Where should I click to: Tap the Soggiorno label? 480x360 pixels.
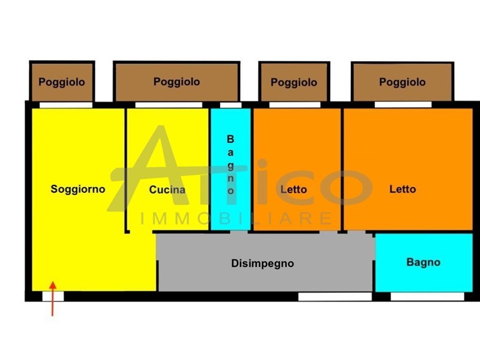(x=78, y=189)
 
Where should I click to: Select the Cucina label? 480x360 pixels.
(x=167, y=189)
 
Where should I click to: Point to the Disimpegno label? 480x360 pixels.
(x=262, y=263)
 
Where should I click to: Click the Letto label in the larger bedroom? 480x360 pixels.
(x=403, y=189)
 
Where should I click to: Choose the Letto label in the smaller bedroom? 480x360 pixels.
(x=293, y=189)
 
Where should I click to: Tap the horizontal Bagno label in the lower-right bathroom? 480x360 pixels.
(x=423, y=262)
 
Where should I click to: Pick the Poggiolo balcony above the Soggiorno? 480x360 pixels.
(x=62, y=82)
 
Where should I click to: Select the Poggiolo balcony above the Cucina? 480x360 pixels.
(x=176, y=82)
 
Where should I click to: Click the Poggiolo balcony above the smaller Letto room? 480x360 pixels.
(x=294, y=82)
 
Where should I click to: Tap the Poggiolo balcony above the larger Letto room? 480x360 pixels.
(x=403, y=82)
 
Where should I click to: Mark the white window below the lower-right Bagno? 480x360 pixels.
(x=427, y=296)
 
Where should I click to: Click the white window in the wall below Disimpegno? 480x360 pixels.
(x=335, y=296)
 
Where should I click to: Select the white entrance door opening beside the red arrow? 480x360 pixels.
(x=53, y=296)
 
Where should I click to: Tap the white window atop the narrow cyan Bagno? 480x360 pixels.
(x=230, y=105)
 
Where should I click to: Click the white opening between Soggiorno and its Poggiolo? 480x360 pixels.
(x=66, y=105)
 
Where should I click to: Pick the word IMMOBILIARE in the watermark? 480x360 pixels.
(x=235, y=218)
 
